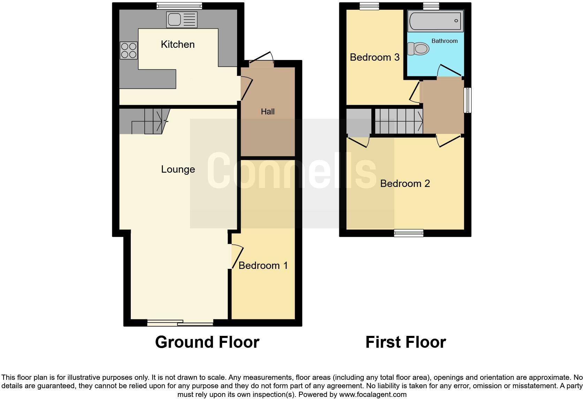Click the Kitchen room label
click(177, 44)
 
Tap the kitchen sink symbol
click(182, 20)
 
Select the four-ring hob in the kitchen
click(129, 50)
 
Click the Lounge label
click(178, 170)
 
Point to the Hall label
click(268, 112)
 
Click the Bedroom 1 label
click(263, 265)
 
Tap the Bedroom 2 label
click(405, 183)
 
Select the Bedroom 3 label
click(374, 57)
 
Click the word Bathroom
click(445, 41)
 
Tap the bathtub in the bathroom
click(436, 21)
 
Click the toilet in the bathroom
click(418, 49)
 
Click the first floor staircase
click(399, 121)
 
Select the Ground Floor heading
click(207, 342)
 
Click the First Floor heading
click(406, 342)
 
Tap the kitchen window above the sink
click(179, 6)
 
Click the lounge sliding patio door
click(180, 323)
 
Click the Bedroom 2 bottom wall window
click(409, 233)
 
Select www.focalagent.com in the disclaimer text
click(373, 395)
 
